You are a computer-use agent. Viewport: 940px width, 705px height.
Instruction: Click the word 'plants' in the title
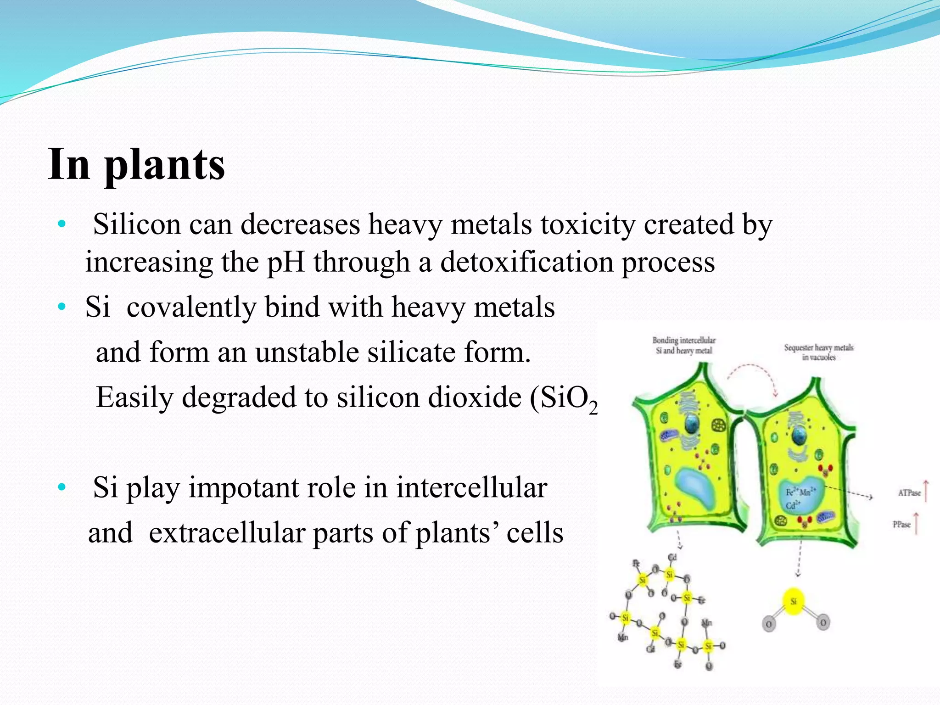[164, 165]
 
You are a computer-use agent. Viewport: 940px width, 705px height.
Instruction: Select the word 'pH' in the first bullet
[285, 263]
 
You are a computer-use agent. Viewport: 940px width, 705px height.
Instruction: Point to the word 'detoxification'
[526, 263]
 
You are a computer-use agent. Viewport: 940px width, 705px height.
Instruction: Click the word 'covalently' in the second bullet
[191, 307]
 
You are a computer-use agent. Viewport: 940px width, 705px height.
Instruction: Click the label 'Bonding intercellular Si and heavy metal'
[684, 345]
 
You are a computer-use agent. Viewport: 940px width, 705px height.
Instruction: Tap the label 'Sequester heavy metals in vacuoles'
[818, 352]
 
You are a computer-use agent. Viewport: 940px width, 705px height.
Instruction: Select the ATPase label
[909, 493]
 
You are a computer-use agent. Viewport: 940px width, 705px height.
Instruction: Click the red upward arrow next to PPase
[916, 523]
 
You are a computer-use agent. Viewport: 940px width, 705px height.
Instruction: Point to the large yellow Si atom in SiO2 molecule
[794, 601]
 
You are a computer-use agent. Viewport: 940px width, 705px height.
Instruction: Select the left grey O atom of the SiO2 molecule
[768, 624]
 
